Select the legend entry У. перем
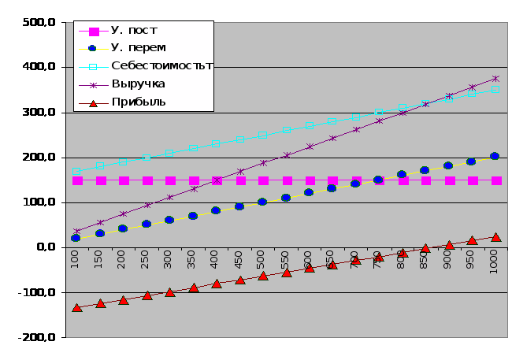139,48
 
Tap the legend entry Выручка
138,84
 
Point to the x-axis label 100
76,260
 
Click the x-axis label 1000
495,262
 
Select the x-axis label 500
262,260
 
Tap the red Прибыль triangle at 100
76,307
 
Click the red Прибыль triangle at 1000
495,236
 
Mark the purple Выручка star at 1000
495,79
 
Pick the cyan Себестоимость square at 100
76,171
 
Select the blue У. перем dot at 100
76,238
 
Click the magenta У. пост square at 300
170,180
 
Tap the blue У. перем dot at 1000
495,156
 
